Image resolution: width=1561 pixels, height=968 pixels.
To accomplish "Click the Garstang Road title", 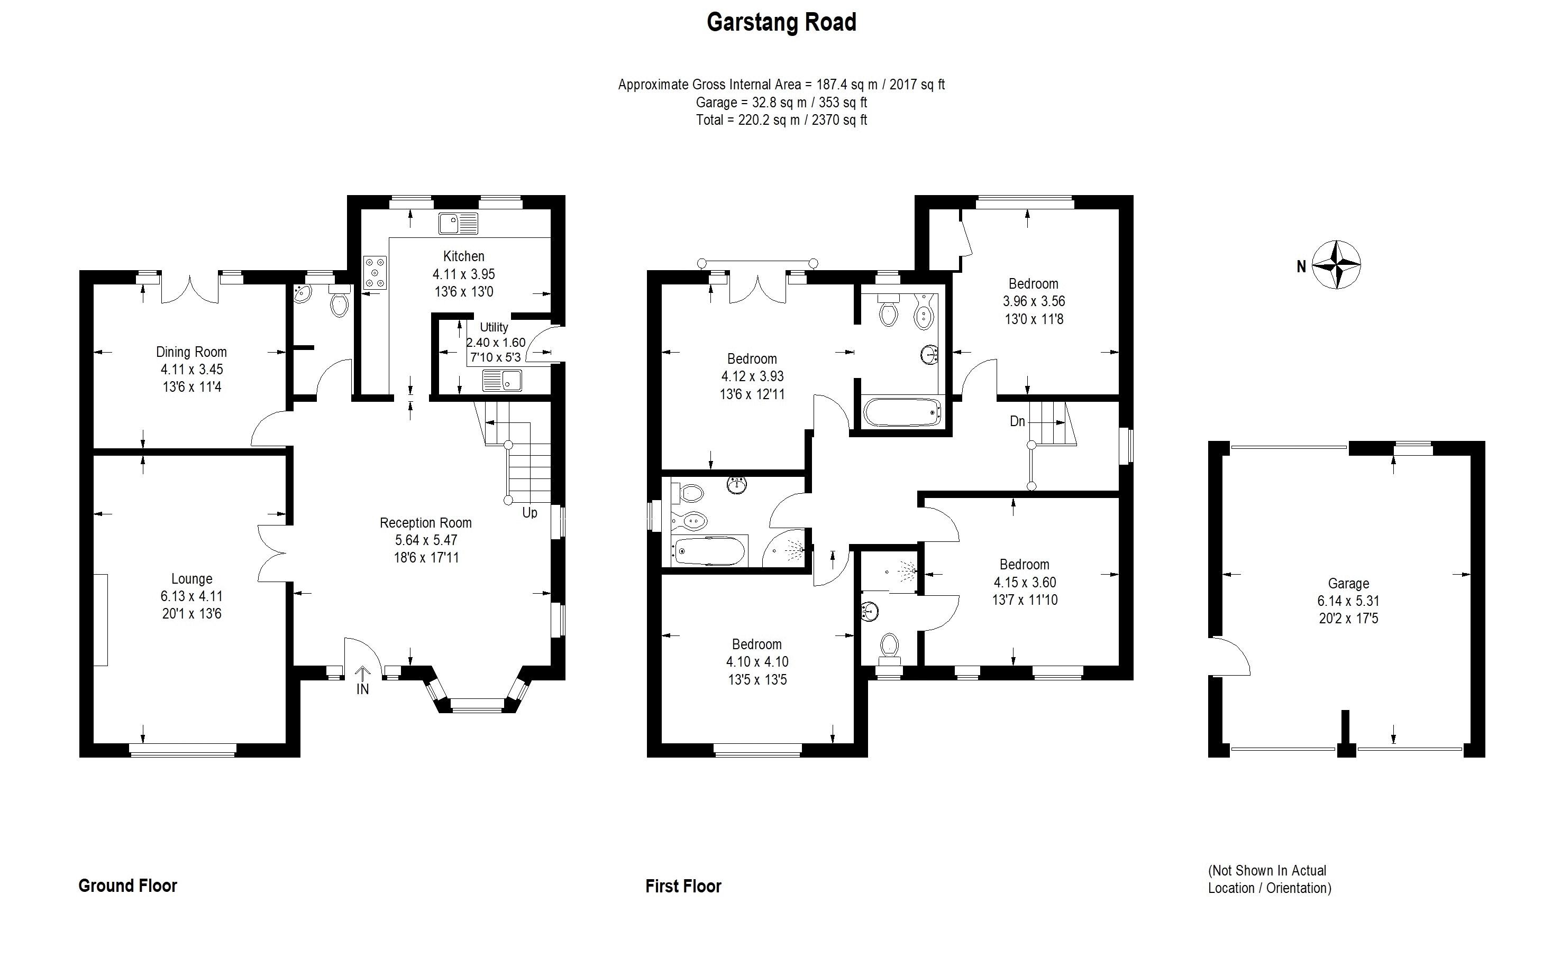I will tap(781, 22).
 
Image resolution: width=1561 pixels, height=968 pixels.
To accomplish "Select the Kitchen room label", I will tap(463, 256).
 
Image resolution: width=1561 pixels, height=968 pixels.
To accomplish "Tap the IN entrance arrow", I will tap(362, 680).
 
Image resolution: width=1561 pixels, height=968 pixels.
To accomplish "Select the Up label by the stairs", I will tap(530, 513).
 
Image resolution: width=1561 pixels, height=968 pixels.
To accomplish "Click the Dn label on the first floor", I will tap(1017, 421).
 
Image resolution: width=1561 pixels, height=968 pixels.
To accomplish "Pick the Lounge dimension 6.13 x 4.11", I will tap(191, 596).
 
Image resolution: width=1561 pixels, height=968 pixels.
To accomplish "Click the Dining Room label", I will tap(191, 352).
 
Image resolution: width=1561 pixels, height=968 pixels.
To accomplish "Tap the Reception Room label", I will tap(425, 522).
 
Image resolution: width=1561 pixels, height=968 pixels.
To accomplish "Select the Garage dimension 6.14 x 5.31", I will tap(1348, 601).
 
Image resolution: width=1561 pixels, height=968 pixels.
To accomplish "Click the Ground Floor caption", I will tap(127, 886).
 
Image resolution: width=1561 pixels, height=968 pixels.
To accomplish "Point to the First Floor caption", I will tap(683, 886).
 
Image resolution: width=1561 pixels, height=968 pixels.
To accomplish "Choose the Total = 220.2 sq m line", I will tap(781, 119).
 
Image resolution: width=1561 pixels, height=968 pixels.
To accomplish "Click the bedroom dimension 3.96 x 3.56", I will tap(1033, 301).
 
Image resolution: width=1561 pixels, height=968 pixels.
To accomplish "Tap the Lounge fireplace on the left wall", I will tap(101, 620).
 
